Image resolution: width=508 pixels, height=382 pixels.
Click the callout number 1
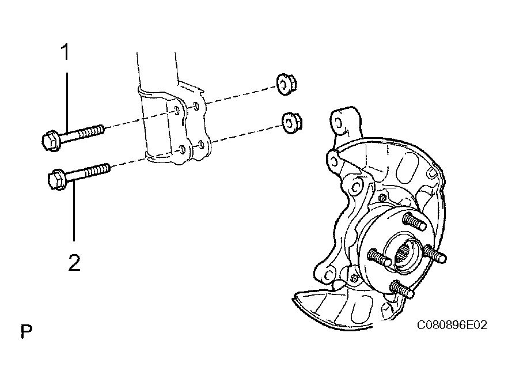pyautogui.click(x=66, y=52)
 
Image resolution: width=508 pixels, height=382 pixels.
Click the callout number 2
pyautogui.click(x=74, y=263)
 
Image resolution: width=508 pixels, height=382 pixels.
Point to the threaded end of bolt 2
pyautogui.click(x=98, y=171)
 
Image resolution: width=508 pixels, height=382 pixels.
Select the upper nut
pyautogui.click(x=287, y=84)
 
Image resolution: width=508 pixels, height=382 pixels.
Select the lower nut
pyautogui.click(x=292, y=123)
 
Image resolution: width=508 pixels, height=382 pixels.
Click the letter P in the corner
pyautogui.click(x=26, y=331)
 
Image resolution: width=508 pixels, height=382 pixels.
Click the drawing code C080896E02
pyautogui.click(x=452, y=324)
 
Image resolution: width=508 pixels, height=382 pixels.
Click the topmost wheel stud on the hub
pyautogui.click(x=414, y=221)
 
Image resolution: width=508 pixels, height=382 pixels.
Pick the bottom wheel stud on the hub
pyautogui.click(x=402, y=289)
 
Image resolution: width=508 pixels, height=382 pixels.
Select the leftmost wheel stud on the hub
pyautogui.click(x=380, y=257)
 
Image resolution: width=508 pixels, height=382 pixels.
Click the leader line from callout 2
pyautogui.click(x=74, y=211)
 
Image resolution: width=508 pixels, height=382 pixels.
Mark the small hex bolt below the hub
pyautogui.click(x=354, y=278)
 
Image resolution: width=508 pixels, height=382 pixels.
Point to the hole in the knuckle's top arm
pyautogui.click(x=337, y=123)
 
